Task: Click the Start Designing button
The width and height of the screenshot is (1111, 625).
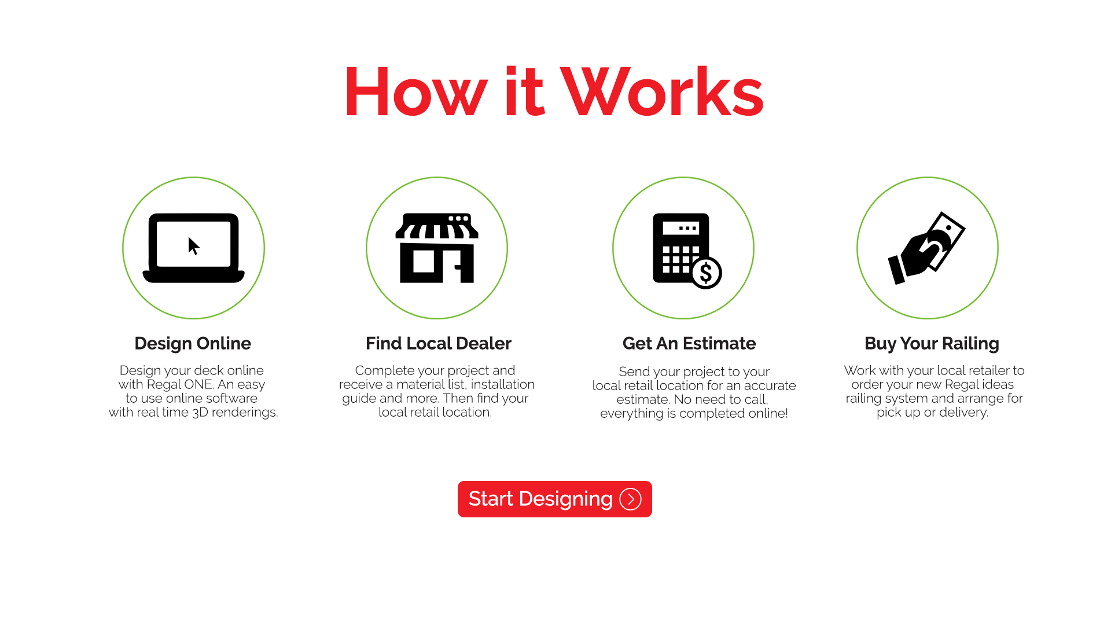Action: [554, 499]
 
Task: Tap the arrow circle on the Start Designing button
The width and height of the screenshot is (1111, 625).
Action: [630, 499]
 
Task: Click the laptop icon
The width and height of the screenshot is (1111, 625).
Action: [193, 248]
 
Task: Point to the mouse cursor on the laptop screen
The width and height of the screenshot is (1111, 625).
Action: [194, 246]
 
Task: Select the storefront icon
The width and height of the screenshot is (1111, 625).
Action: [437, 248]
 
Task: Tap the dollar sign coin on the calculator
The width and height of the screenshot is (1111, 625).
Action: [706, 273]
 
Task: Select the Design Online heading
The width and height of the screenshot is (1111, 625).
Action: [193, 344]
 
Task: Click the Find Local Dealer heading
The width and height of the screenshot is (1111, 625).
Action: [439, 344]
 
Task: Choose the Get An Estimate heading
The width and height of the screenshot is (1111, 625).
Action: [689, 344]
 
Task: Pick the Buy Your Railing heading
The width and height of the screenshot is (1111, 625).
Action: [932, 344]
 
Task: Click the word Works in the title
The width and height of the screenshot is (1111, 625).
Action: [663, 92]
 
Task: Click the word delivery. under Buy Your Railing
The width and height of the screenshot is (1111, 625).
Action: [964, 413]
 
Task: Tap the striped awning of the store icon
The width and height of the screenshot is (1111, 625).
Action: [437, 226]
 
